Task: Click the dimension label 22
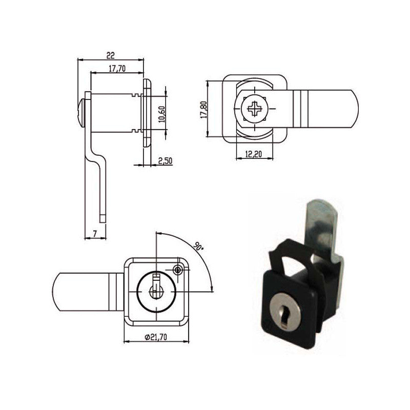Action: click(x=110, y=54)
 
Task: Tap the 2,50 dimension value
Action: click(x=165, y=160)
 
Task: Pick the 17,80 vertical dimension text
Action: click(x=203, y=109)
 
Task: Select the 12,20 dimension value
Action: click(x=253, y=153)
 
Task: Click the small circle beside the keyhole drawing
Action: click(x=178, y=270)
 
